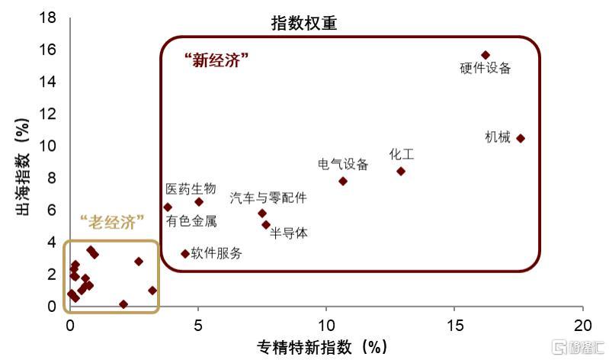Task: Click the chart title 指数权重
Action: tap(303, 24)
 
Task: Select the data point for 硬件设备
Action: tap(485, 55)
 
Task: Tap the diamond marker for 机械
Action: tap(521, 138)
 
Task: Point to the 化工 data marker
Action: tap(401, 172)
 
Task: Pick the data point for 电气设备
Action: tap(342, 182)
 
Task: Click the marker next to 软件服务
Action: tap(185, 254)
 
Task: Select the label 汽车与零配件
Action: tap(268, 198)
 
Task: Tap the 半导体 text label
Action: tap(289, 233)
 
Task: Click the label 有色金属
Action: tap(191, 221)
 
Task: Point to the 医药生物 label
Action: tap(191, 189)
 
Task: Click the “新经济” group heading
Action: tap(216, 61)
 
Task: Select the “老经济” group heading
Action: tap(112, 223)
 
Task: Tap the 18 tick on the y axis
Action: tap(48, 17)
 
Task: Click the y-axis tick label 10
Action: tap(48, 146)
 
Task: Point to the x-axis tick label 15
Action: tap(454, 326)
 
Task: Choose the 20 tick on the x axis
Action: tap(582, 326)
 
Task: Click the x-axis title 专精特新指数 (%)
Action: tap(322, 347)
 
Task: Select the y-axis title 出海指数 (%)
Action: tap(23, 166)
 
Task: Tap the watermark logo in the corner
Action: tap(579, 347)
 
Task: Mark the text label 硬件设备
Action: tap(485, 69)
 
